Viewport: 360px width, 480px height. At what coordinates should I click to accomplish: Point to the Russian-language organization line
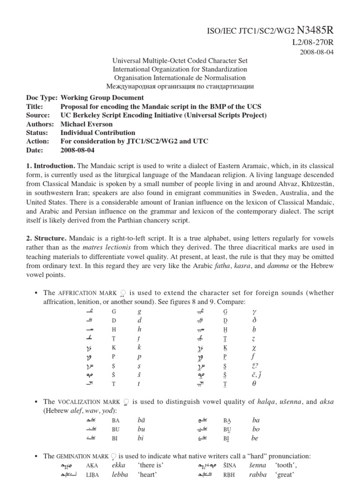point(180,86)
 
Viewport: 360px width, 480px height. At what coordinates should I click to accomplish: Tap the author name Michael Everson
point(87,124)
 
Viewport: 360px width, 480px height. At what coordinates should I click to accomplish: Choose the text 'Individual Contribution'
point(97,133)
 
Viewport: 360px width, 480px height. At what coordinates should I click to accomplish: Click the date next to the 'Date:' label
point(77,150)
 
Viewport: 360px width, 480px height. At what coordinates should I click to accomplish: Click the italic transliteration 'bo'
point(256,429)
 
